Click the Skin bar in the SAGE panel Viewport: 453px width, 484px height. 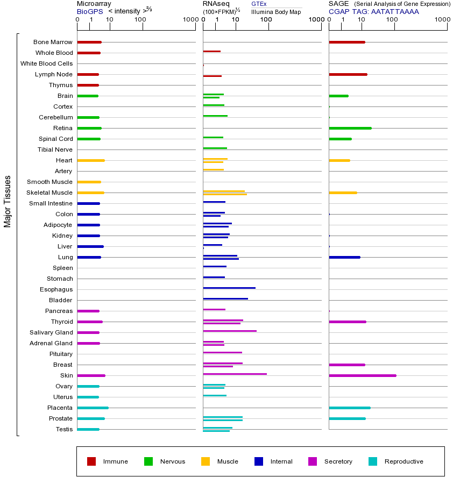pyautogui.click(x=362, y=375)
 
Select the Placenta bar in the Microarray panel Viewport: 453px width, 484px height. pyautogui.click(x=93, y=408)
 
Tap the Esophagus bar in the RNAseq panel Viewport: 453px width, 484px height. pyautogui.click(x=229, y=288)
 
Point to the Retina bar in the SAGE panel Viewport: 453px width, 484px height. pyautogui.click(x=350, y=128)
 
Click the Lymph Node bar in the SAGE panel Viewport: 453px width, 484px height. pyautogui.click(x=348, y=74)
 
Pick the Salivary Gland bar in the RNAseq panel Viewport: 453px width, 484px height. pyautogui.click(x=230, y=331)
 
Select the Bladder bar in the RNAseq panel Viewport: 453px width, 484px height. pyautogui.click(x=225, y=299)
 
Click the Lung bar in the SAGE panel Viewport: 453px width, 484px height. pyautogui.click(x=344, y=257)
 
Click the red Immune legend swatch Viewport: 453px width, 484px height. pyautogui.click(x=91, y=461)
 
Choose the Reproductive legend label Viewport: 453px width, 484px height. pyautogui.click(x=404, y=461)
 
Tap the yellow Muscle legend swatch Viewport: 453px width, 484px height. pyautogui.click(x=206, y=461)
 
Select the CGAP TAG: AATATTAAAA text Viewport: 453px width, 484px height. pyautogui.click(x=373, y=11)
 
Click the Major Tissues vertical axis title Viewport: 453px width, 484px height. pyautogui.click(x=8, y=201)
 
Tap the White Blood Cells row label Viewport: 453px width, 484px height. pyautogui.click(x=46, y=63)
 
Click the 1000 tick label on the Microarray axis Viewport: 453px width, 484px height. pyautogui.click(x=190, y=20)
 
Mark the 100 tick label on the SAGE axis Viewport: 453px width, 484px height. pyautogui.click(x=392, y=20)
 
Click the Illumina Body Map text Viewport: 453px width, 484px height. pyautogui.click(x=276, y=11)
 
